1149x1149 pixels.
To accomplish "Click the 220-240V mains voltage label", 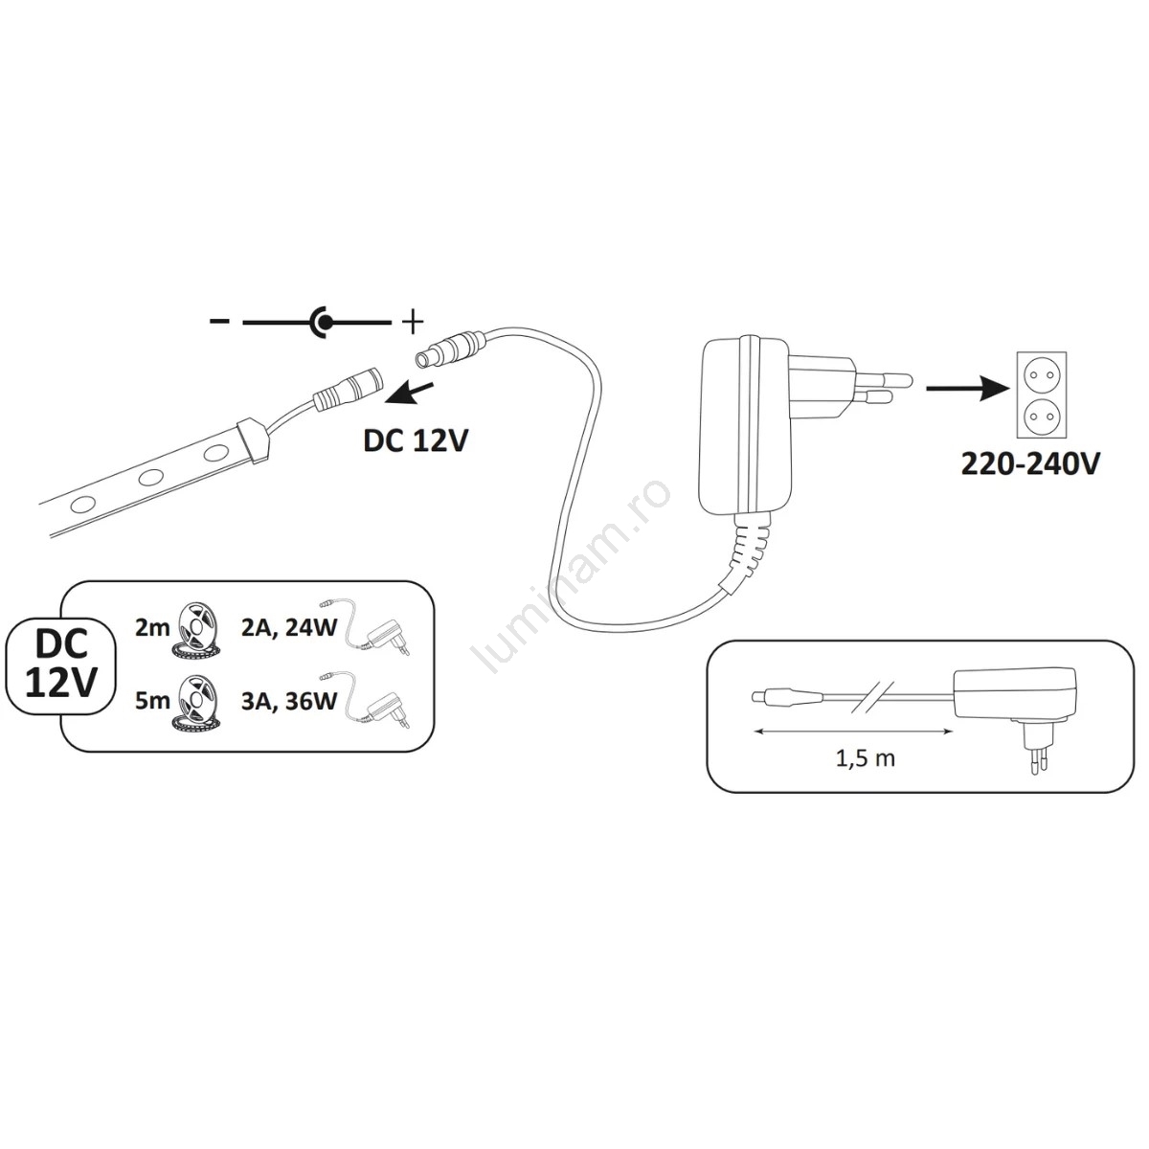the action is pos(1030,463).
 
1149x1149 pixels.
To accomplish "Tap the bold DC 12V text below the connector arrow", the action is pos(416,441).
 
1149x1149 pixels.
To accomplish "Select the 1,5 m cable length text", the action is pos(866,758).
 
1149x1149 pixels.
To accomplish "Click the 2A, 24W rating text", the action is pos(289,628).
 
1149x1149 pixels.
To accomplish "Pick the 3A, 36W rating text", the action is pos(289,701).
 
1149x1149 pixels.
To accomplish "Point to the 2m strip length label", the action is pos(152,628).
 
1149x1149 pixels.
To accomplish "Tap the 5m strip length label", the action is pos(152,701).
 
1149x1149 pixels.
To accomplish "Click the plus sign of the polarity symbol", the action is pos(413,323).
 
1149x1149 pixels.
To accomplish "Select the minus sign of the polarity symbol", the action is pos(219,322).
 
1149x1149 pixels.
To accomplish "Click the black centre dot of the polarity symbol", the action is pos(325,323).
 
